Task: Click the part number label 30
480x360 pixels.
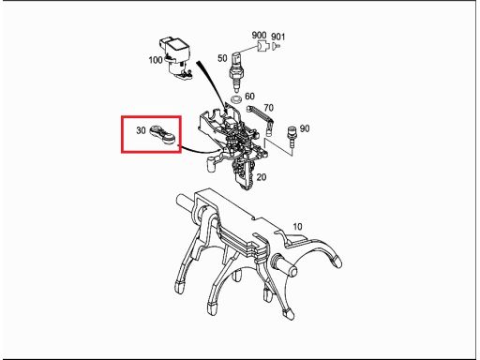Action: tap(141, 130)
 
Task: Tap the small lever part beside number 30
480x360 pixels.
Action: tap(163, 135)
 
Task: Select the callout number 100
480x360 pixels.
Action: tap(156, 59)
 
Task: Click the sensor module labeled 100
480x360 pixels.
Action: tap(175, 58)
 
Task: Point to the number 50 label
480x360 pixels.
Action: tap(222, 58)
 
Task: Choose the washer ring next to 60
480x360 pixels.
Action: tap(236, 100)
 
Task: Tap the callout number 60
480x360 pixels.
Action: tap(249, 96)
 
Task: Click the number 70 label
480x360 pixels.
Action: tap(268, 108)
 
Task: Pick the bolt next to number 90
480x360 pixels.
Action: tap(292, 136)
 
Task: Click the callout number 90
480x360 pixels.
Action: tap(305, 128)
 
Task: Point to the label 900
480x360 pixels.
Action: tap(259, 35)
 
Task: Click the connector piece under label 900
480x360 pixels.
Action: tap(263, 47)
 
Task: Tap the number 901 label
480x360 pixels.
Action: tap(278, 37)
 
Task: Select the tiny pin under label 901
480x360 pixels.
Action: tap(277, 46)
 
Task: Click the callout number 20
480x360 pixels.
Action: tap(262, 177)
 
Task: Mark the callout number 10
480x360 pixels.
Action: tap(297, 226)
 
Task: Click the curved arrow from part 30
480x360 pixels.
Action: tap(200, 150)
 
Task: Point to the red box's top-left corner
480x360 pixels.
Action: tap(122, 116)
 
